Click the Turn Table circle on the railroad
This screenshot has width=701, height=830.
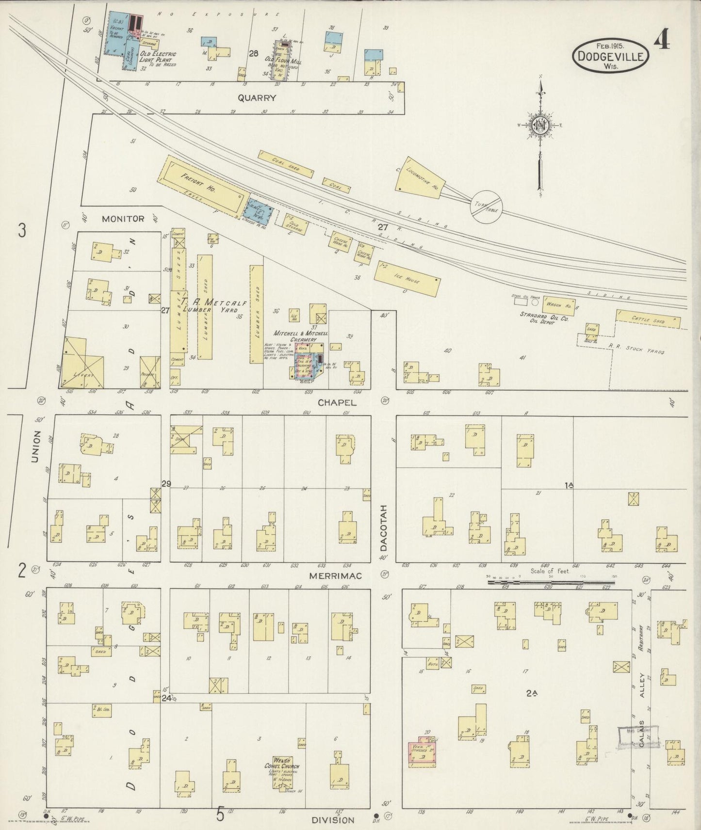click(487, 207)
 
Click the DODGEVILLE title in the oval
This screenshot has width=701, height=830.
click(610, 56)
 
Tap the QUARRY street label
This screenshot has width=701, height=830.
click(257, 98)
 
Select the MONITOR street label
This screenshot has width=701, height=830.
click(123, 219)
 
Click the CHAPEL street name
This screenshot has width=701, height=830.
click(337, 402)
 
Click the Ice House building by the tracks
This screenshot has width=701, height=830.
click(408, 282)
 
